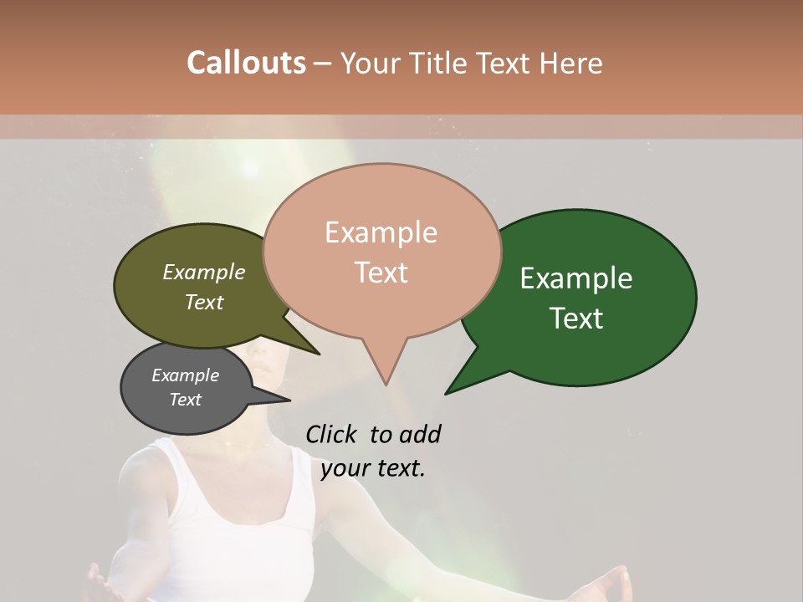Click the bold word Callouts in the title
click(246, 64)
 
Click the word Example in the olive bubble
click(204, 273)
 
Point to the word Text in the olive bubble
click(204, 302)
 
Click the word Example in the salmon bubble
click(381, 232)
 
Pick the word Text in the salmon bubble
click(381, 272)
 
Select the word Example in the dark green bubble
click(576, 278)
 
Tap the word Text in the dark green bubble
click(576, 318)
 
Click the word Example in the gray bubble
click(186, 375)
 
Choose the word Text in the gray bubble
click(186, 400)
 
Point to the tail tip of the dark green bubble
click(448, 391)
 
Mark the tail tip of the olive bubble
click(317, 353)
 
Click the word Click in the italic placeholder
click(331, 434)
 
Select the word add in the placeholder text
click(419, 434)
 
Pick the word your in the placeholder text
click(345, 468)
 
